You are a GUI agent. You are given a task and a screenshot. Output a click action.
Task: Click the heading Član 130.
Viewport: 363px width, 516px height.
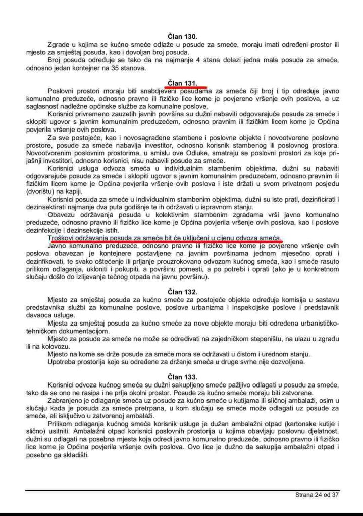pos(182,37)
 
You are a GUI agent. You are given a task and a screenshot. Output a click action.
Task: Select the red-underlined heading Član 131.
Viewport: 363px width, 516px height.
pos(182,82)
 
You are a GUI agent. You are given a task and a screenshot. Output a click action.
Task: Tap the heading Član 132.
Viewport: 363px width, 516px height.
pos(182,291)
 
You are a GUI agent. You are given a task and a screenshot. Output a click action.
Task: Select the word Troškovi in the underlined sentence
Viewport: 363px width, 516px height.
pos(62,237)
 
